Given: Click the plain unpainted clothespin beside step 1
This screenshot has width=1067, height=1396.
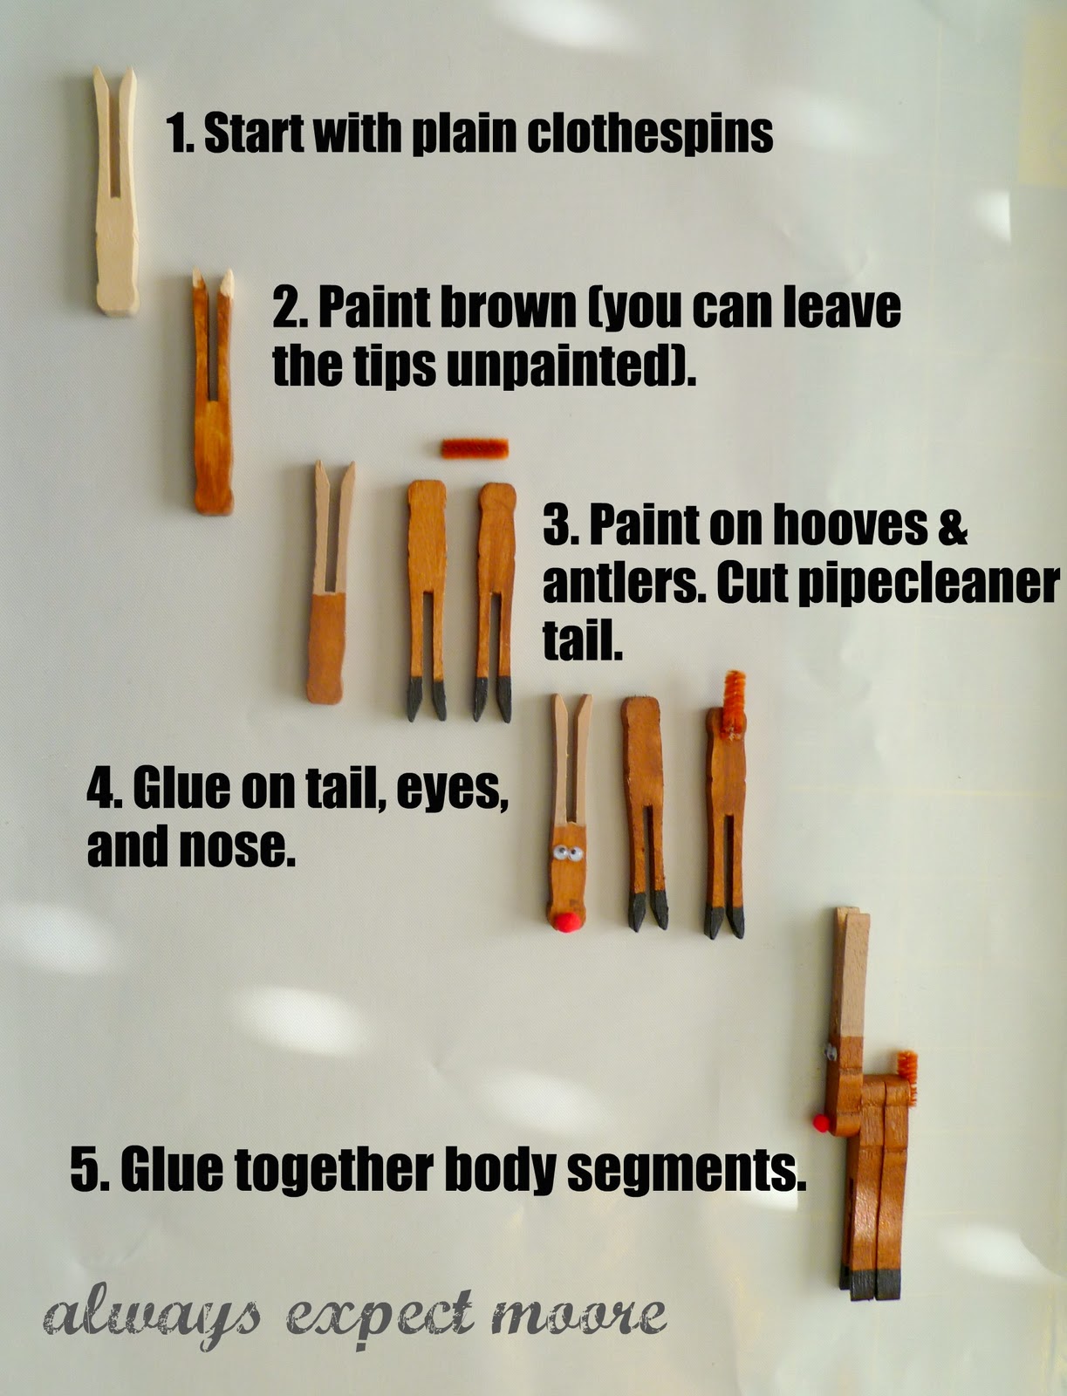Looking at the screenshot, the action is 116,191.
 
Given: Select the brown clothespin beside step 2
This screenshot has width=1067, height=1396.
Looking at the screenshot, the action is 214,391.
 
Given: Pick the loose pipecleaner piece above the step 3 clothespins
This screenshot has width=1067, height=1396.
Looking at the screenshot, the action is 475,448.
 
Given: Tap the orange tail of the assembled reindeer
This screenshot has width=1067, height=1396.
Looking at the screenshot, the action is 906,1078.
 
